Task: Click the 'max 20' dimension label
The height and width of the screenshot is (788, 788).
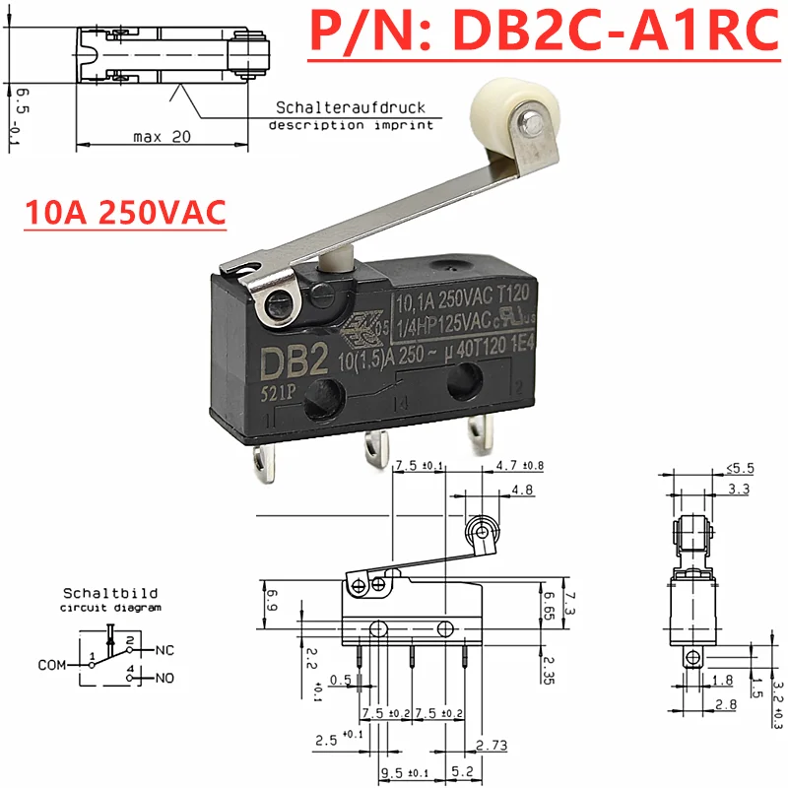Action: click(162, 137)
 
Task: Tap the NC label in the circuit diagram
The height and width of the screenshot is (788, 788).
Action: click(164, 650)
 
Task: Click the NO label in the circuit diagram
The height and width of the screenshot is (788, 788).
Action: click(164, 678)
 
